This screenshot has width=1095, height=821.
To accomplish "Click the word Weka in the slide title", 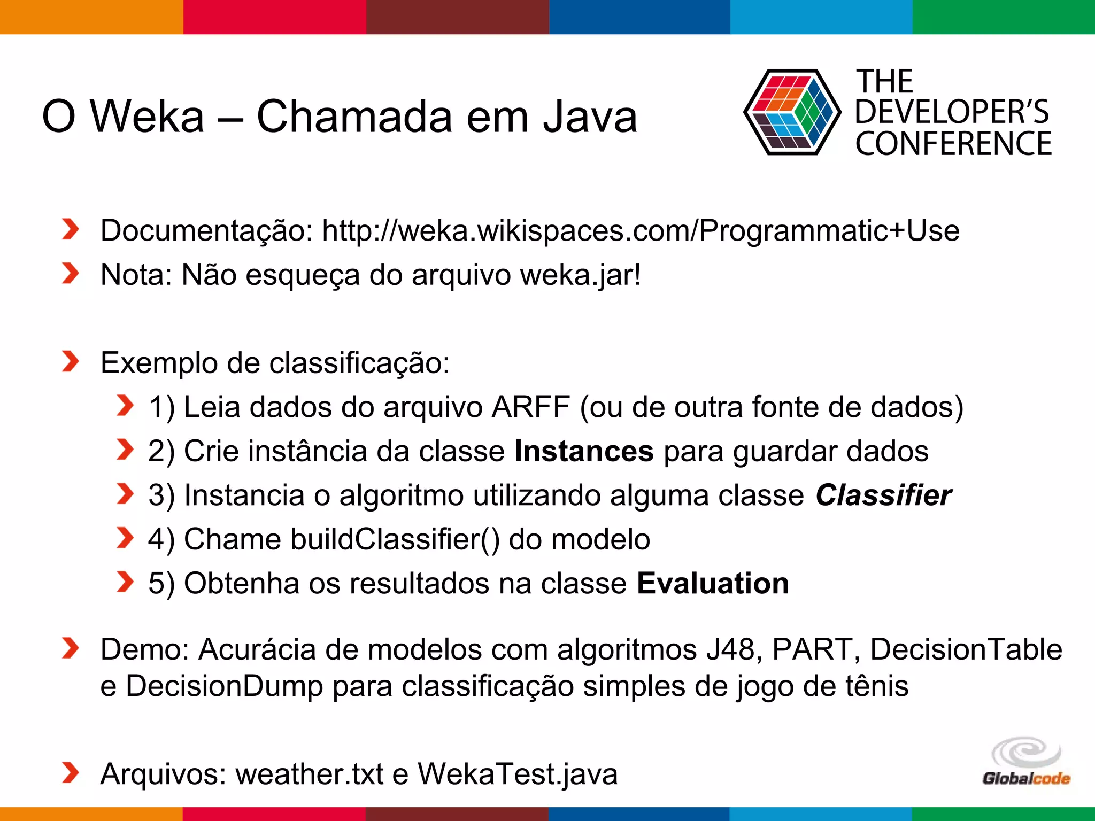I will pos(148,117).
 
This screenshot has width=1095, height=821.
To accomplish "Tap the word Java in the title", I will pos(590,117).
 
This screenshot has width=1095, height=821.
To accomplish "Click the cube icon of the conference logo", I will pos(791,112).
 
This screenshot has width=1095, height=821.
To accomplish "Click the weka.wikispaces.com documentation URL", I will pos(641,231).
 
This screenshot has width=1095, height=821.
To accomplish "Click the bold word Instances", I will pos(584,451).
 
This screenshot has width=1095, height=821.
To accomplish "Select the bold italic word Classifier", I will pos(883,495).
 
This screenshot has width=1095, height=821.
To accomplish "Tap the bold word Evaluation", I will pos(713,583).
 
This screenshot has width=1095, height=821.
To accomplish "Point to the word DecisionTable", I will pos(966,650).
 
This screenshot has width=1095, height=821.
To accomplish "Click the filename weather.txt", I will pos(310,774).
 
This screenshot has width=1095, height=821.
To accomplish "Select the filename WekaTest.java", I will pos(518,774).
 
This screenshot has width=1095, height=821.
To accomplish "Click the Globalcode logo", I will pos(1026,762).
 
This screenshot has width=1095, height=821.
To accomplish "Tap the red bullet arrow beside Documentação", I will pos(70,229).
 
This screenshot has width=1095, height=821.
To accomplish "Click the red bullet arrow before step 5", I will pos(125,582).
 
